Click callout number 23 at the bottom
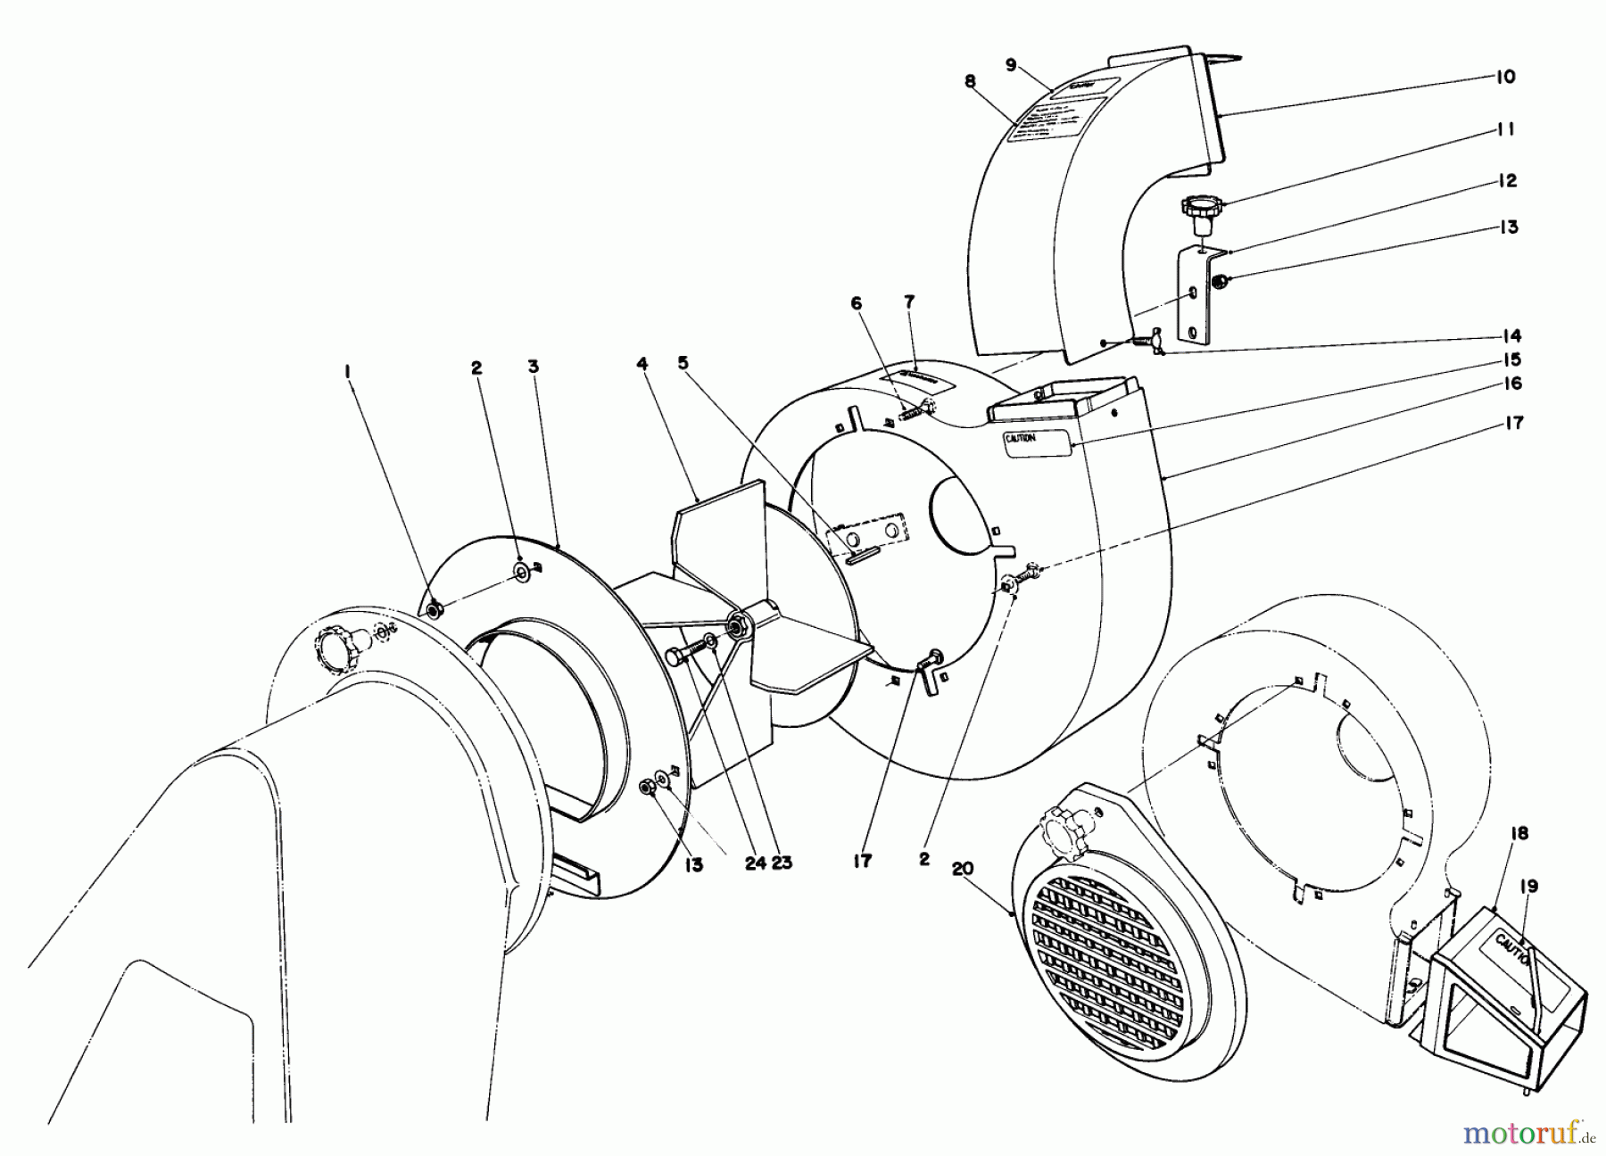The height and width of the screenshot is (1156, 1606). (782, 863)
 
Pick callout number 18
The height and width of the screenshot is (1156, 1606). (1519, 833)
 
